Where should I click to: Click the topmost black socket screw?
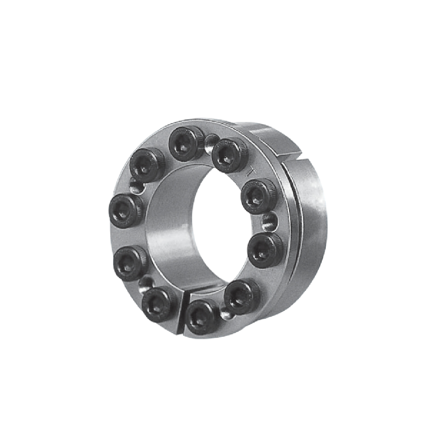pos(185,143)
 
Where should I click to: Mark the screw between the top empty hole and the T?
pos(230,155)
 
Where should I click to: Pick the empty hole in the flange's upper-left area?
pos(137,187)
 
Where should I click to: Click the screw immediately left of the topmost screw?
pos(147,165)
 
